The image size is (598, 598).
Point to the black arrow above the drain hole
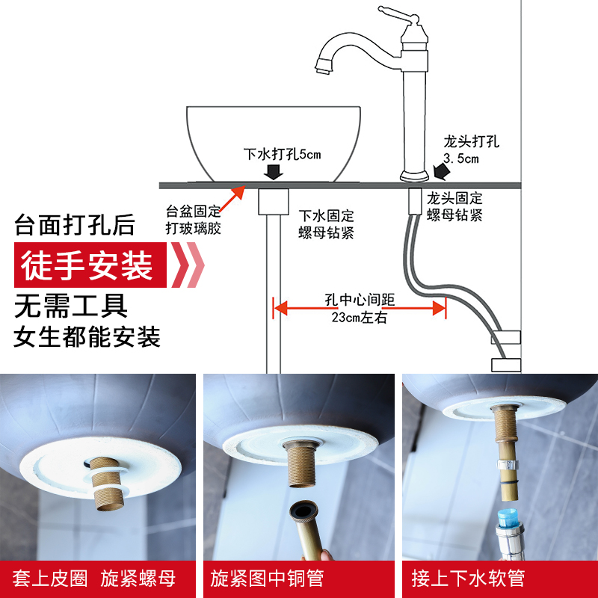273,173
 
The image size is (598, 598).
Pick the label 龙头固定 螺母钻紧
454,207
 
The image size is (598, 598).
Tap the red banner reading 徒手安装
88,265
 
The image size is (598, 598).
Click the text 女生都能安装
87,337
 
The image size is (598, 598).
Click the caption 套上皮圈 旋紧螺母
95,578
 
